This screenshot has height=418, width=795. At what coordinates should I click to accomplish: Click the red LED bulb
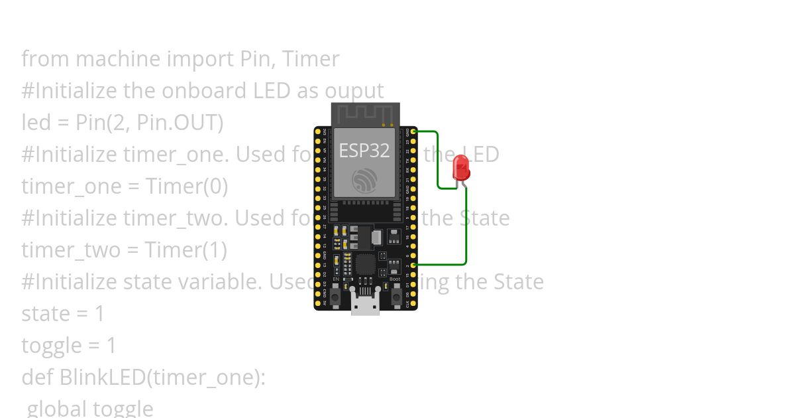pyautogui.click(x=461, y=167)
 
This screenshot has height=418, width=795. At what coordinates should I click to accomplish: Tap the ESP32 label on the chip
pyautogui.click(x=364, y=151)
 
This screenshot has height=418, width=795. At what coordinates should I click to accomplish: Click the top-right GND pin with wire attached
pyautogui.click(x=413, y=131)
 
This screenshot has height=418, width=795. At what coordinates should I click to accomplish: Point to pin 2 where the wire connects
pyautogui.click(x=413, y=265)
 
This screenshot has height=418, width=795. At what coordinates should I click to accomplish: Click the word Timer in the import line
pyautogui.click(x=311, y=59)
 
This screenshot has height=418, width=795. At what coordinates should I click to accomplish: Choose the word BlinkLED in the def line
pyautogui.click(x=102, y=378)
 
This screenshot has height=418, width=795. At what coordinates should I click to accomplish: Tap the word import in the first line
pyautogui.click(x=199, y=59)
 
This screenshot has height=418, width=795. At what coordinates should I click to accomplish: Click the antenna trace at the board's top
pyautogui.click(x=366, y=113)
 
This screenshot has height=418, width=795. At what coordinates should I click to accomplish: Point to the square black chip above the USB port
pyautogui.click(x=365, y=265)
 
